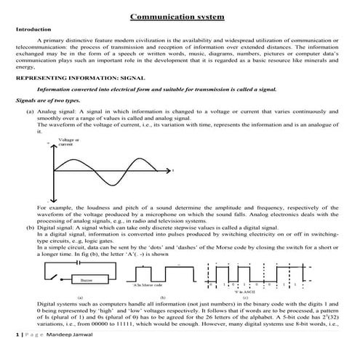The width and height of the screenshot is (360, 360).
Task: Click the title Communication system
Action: pyautogui.click(x=177, y=16)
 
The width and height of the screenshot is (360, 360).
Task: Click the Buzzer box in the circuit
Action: pyautogui.click(x=86, y=279)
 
